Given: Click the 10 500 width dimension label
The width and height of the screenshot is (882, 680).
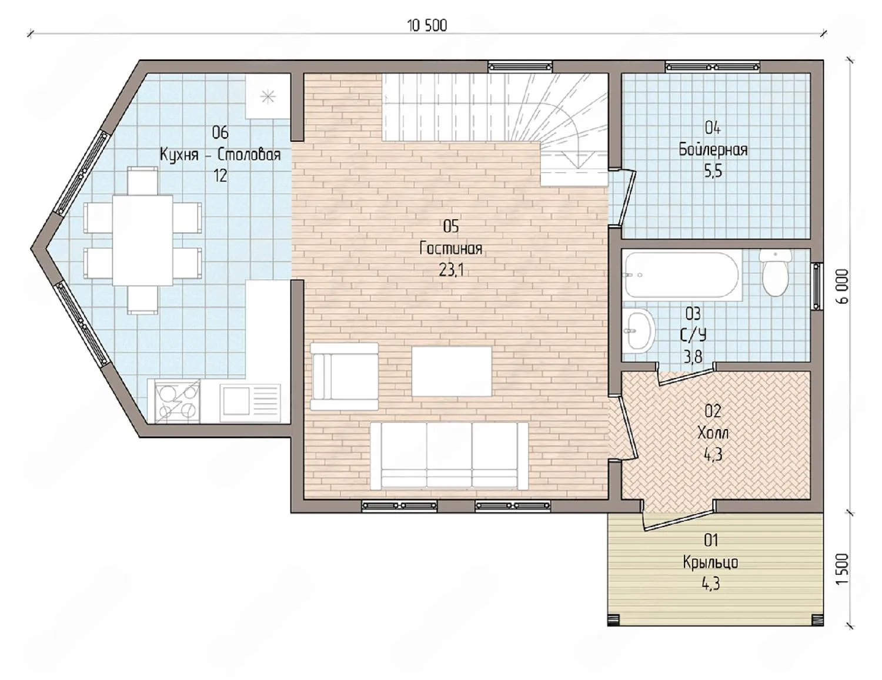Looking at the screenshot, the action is (427, 26).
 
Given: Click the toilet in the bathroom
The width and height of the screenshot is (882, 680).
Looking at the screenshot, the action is (775, 273).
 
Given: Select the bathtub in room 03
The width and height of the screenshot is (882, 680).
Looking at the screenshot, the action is (683, 274).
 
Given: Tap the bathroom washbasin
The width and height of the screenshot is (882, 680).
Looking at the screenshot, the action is (639, 329).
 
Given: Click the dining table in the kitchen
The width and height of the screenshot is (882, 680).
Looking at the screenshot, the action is (142, 240).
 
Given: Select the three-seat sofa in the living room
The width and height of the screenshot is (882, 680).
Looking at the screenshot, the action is (449, 455).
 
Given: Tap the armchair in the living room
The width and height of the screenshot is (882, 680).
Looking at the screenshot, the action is (344, 376).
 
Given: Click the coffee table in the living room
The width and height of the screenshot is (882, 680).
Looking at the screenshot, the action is (452, 371).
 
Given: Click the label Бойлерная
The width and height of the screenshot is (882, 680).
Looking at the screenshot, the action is (713, 150).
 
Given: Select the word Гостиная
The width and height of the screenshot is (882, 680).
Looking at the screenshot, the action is (450, 248).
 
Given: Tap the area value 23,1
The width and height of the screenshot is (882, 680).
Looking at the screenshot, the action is (451, 270).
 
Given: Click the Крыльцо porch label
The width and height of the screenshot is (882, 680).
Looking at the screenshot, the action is (710, 563).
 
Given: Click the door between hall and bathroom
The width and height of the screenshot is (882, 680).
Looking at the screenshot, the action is (686, 373).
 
